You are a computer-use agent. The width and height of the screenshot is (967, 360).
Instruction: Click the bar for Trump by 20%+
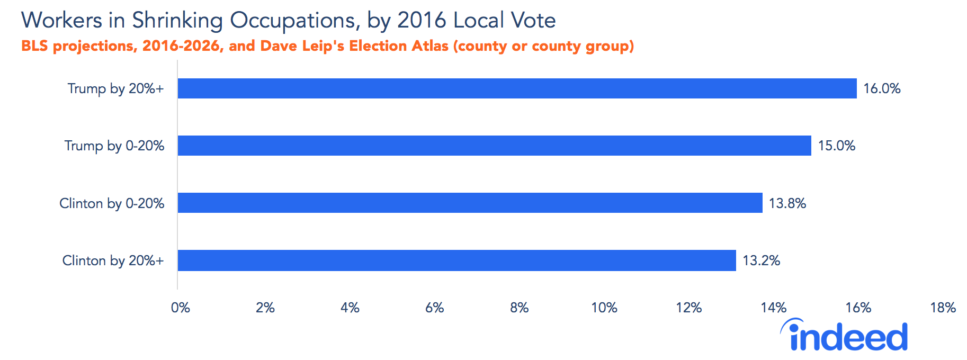click(517, 88)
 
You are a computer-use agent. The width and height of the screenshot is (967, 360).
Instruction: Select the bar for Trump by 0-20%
click(494, 146)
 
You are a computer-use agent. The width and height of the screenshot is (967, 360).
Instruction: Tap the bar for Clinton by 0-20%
click(470, 203)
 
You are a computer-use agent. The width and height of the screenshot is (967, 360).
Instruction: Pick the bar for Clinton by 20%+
click(456, 260)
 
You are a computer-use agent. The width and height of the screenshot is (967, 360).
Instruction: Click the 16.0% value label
click(882, 88)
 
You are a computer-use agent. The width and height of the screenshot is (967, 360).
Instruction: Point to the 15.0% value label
click(836, 146)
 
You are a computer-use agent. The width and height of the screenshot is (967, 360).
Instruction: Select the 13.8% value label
click(787, 203)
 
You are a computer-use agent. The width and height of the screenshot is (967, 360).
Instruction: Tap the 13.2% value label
click(761, 260)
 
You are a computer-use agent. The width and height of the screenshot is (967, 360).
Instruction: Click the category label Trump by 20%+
click(115, 88)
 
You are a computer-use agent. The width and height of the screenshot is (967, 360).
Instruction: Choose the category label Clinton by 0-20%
click(112, 203)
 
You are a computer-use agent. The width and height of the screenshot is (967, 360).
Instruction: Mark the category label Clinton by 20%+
click(113, 260)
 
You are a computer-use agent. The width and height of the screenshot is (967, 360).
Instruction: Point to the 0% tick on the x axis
click(180, 308)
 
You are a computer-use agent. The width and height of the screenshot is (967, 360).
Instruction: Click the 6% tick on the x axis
click(434, 308)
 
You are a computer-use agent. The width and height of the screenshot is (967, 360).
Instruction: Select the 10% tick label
click(604, 308)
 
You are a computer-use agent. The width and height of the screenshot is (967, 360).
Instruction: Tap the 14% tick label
click(773, 308)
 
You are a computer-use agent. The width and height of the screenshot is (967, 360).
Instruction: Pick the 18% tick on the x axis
click(943, 308)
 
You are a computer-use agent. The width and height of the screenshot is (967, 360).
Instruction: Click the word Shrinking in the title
click(177, 21)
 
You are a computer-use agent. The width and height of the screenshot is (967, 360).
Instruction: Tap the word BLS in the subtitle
click(34, 46)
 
